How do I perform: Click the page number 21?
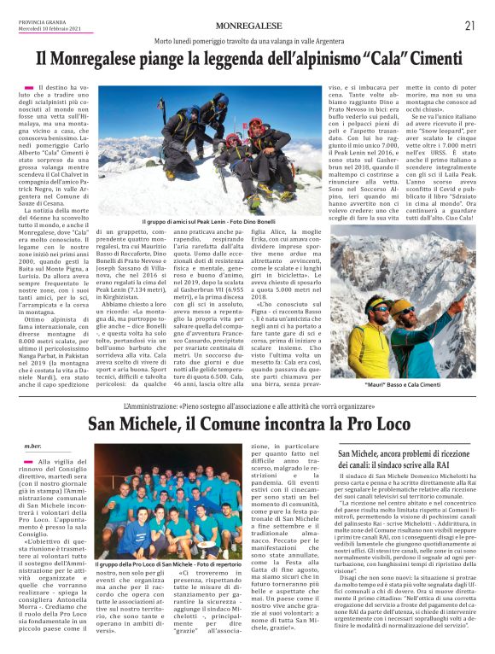click(x=469, y=26)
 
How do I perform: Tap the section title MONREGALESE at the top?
click(x=247, y=26)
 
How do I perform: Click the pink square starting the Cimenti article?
click(x=28, y=87)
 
